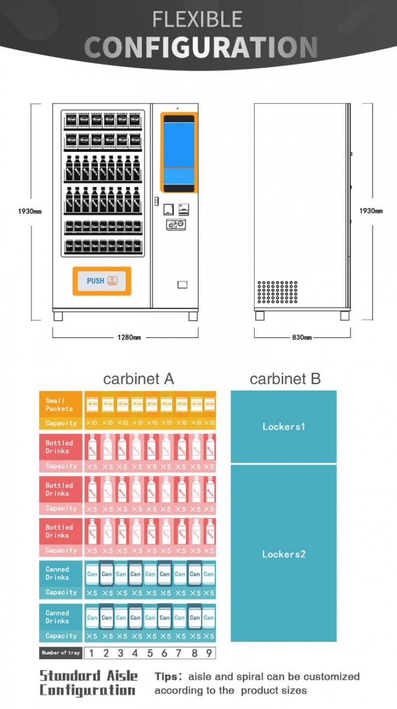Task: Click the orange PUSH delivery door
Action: point(102,281)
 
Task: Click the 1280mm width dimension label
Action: point(128,337)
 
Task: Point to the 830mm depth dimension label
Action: point(302,337)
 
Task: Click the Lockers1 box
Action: point(283,426)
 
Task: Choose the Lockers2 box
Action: point(283,554)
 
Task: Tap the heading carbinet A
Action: point(138,379)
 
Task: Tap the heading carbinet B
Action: point(285,379)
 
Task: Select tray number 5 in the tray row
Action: point(150,653)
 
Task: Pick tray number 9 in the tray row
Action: point(208,653)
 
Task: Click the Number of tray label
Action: point(60,653)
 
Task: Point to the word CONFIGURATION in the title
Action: point(201,47)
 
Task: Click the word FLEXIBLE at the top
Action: point(197,19)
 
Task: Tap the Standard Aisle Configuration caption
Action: point(88,683)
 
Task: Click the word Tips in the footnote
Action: point(167,677)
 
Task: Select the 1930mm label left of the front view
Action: point(29,211)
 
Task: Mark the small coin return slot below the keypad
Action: point(182,284)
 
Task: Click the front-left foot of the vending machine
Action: point(58,316)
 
